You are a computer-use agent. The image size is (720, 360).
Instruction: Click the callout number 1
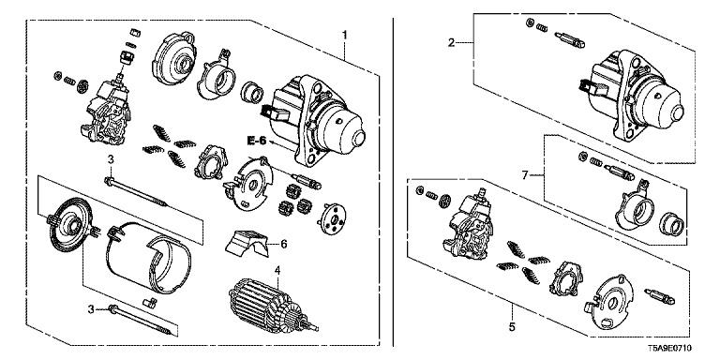[x=344, y=35]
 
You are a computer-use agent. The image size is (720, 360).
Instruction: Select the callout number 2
[x=452, y=43]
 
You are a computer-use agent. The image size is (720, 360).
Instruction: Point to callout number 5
[x=513, y=327]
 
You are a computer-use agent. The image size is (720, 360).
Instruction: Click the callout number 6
[x=284, y=245]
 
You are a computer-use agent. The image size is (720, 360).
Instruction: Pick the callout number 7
[x=525, y=175]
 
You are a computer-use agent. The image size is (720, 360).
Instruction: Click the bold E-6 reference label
[x=256, y=141]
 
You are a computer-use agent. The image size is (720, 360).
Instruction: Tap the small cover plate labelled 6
[x=247, y=243]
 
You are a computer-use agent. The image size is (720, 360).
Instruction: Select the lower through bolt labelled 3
[x=142, y=320]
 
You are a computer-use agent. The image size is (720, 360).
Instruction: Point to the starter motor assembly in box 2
[x=629, y=97]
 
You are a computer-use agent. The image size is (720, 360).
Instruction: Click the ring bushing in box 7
[x=673, y=224]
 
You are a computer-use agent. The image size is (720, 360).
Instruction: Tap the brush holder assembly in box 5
[x=468, y=224]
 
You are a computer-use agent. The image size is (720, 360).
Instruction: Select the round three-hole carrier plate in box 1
[x=334, y=218]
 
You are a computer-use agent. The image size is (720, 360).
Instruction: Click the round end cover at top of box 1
[x=175, y=58]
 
